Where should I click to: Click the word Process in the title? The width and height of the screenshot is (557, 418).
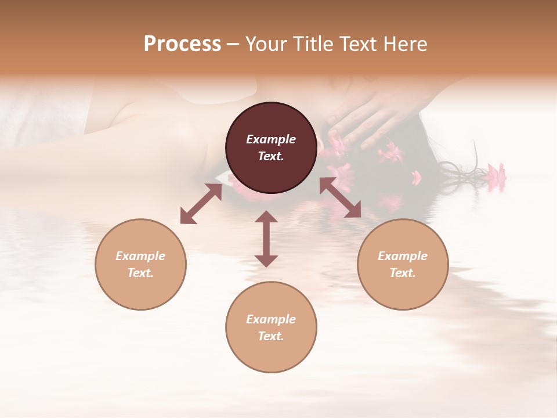pos(182,44)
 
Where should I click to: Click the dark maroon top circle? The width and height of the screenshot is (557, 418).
pos(271,147)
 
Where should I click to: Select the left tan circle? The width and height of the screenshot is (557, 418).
pos(140,264)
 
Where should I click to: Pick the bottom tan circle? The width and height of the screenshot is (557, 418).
pos(271,327)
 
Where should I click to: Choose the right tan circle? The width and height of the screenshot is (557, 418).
pos(403,264)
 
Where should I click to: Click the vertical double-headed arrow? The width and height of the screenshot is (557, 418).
pos(266,239)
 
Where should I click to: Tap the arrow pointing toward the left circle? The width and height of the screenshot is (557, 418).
pos(201,204)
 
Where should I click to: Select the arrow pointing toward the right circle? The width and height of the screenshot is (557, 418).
pos(340,197)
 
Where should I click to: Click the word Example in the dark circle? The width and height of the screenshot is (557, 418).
pos(271,139)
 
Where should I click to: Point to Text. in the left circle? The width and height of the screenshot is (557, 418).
pos(140,273)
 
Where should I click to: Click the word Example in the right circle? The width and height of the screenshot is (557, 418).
pos(403,256)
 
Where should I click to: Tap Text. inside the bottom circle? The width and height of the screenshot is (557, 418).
pos(271,336)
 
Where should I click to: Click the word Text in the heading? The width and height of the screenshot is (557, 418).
pos(357,44)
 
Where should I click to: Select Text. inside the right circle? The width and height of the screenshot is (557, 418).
pos(403,273)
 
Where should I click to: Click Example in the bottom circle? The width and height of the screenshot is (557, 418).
pos(271,319)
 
